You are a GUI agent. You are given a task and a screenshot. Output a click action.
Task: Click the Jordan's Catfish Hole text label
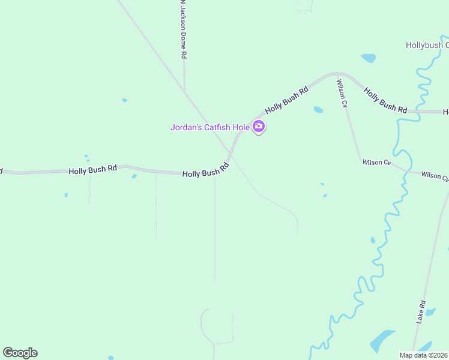[209, 127]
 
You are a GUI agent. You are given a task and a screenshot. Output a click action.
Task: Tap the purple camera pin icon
[259, 127]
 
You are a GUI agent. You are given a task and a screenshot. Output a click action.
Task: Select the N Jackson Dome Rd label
[183, 29]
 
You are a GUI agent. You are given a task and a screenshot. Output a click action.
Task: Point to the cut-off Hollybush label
[427, 45]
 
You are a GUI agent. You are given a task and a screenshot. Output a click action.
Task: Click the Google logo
[20, 353]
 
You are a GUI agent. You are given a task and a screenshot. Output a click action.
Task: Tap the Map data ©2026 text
[424, 355]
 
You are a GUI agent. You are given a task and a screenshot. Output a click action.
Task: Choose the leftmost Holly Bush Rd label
[92, 170]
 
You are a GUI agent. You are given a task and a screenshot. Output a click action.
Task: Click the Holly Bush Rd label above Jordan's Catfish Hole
[287, 99]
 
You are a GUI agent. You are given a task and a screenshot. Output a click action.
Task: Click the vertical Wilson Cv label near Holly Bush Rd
[342, 94]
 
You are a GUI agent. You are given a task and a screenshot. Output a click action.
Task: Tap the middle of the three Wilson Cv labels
[376, 163]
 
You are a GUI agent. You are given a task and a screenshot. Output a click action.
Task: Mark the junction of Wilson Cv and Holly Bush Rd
[336, 74]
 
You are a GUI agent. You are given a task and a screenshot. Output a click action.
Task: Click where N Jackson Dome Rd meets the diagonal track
[184, 91]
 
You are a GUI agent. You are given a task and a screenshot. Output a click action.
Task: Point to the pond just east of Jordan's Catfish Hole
[318, 110]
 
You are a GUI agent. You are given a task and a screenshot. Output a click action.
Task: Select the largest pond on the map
[382, 340]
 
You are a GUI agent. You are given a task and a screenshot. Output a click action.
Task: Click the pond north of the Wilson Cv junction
[369, 58]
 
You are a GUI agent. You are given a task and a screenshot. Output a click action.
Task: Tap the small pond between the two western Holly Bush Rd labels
[134, 176]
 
